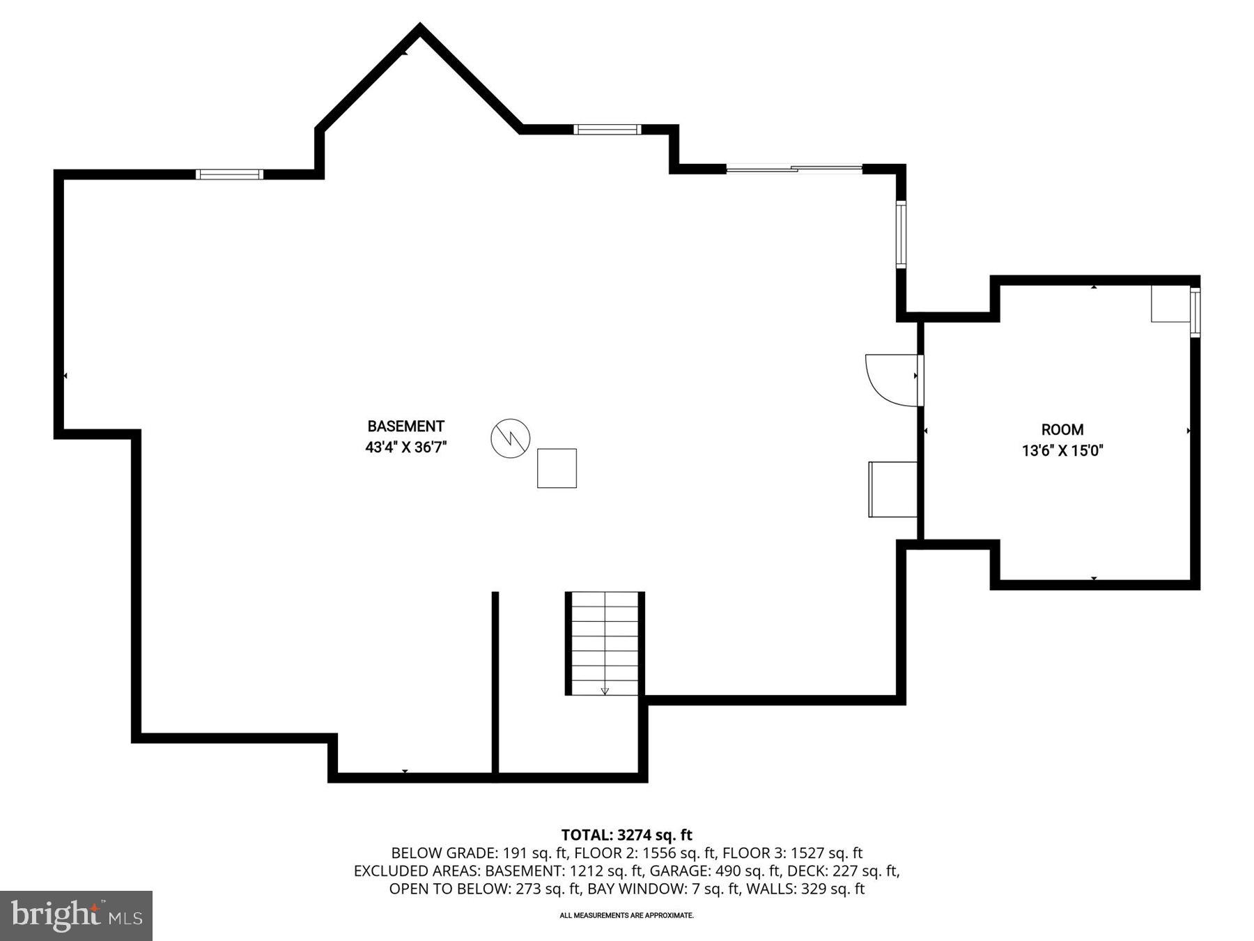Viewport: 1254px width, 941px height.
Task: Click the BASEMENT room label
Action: pos(405,426)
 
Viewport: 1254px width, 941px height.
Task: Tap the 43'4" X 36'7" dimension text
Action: pos(405,447)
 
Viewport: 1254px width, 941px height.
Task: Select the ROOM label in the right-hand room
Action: pos(1062,429)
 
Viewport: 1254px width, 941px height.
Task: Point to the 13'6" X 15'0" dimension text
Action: pos(1062,451)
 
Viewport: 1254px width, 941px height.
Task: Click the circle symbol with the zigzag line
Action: pos(510,438)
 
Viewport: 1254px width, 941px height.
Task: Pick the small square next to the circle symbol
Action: pos(557,468)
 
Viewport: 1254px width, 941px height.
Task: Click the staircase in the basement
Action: pos(604,643)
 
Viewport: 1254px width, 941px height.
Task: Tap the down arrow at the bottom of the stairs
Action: pos(605,690)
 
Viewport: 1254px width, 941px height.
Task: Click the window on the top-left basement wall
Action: pos(229,174)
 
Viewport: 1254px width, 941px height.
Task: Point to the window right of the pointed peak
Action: pos(607,129)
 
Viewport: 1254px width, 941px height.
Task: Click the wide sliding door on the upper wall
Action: pos(794,168)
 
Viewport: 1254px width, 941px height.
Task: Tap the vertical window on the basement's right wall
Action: pos(900,234)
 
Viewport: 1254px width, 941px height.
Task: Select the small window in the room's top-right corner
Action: pos(1195,312)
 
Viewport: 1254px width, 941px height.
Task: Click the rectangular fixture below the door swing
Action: pos(892,489)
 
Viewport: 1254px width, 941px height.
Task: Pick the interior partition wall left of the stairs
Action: pos(495,683)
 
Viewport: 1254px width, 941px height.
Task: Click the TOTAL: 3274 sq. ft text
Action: pos(626,834)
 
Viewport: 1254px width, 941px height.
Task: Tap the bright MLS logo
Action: pos(76,915)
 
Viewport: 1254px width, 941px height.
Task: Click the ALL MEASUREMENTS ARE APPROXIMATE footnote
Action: pos(626,915)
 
